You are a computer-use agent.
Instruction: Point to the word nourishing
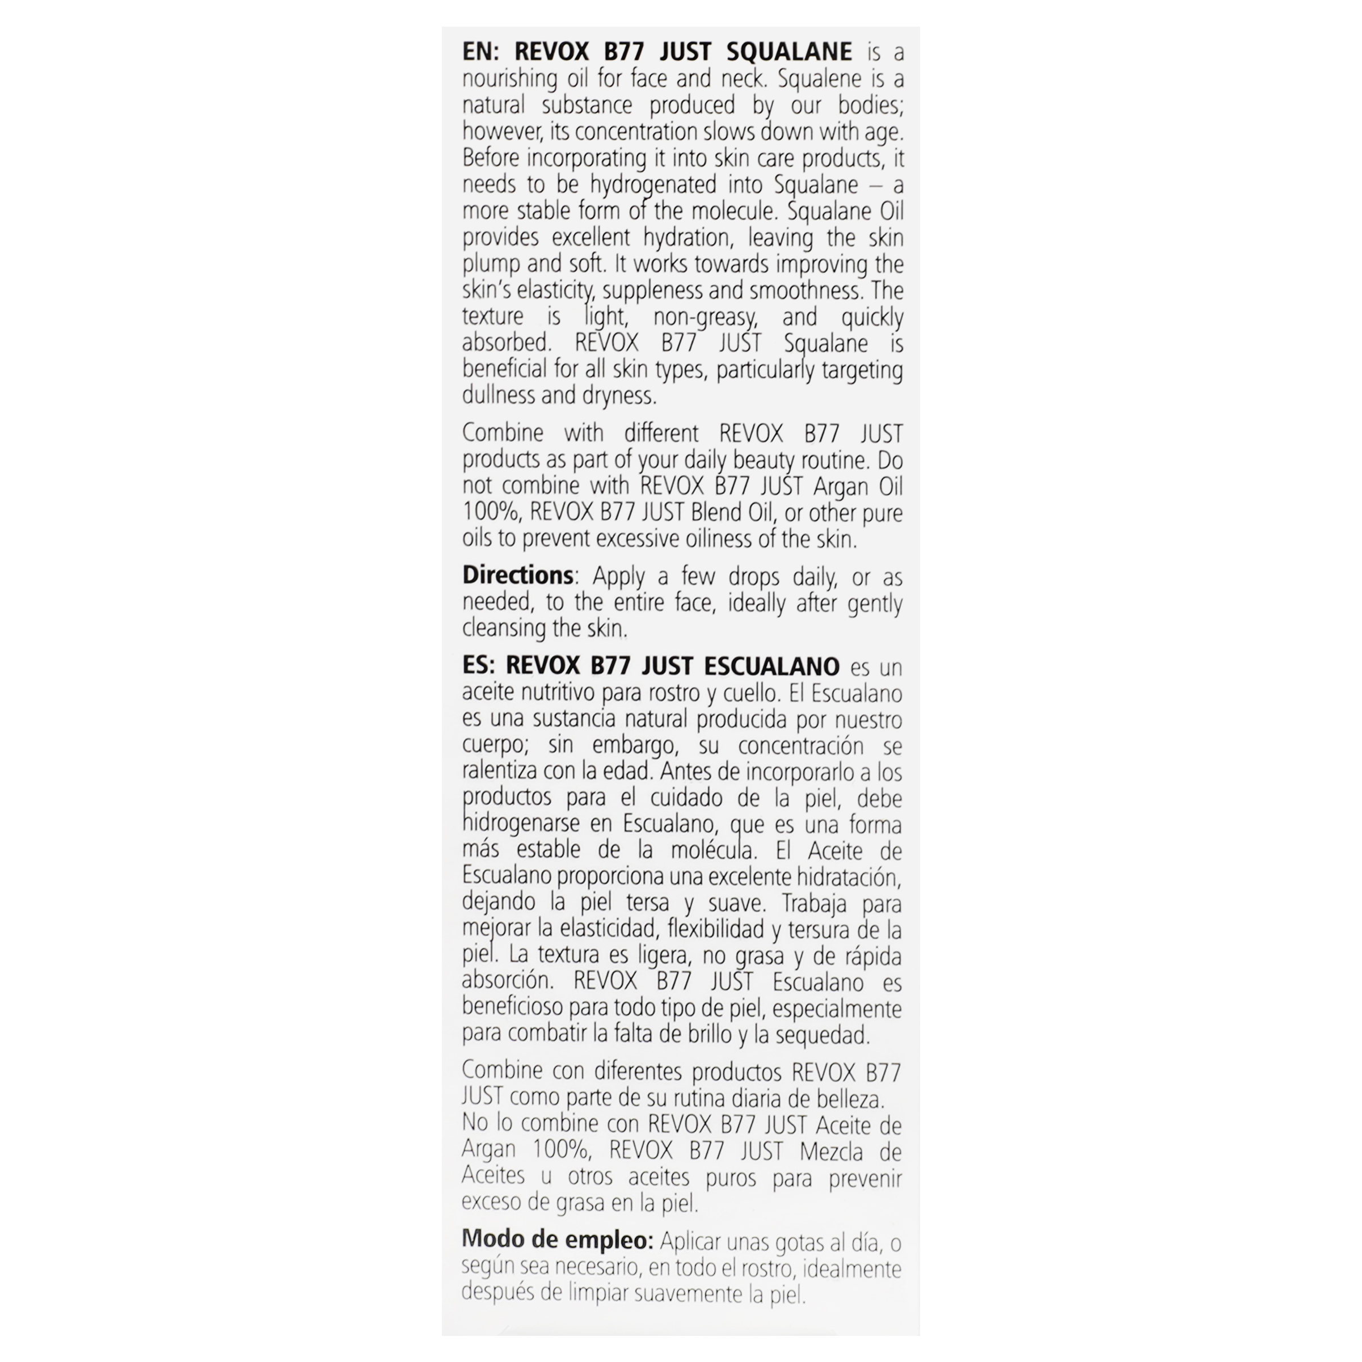tap(509, 79)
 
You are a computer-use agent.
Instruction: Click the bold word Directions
tap(517, 575)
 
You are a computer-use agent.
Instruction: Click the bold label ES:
tap(480, 665)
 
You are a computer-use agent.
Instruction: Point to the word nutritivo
tap(558, 693)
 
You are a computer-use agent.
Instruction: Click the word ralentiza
tap(500, 772)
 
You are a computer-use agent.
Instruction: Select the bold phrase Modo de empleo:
tap(558, 1239)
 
